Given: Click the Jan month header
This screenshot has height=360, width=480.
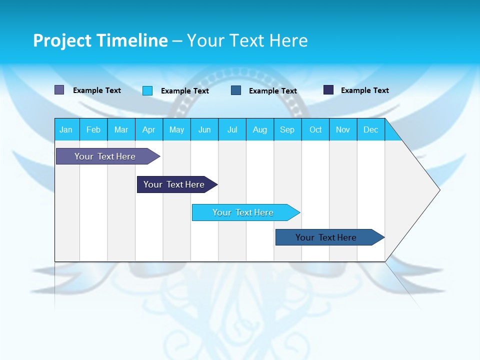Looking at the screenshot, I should tap(66, 129).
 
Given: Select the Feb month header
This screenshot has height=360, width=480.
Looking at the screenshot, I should tap(93, 129).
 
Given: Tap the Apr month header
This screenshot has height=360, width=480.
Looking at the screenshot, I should tap(148, 129).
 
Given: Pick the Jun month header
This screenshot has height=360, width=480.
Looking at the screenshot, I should tap(204, 129).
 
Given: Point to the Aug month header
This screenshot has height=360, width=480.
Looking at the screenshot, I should tap(259, 129).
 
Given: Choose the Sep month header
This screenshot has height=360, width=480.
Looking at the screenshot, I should tap(287, 129).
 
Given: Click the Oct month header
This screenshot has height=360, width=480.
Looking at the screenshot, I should tap(315, 129).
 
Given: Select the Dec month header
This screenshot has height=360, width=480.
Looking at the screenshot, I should tap(370, 129).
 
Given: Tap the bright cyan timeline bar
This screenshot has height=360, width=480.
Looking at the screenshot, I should tap(244, 212).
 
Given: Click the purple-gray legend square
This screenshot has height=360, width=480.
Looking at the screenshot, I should tap(59, 90).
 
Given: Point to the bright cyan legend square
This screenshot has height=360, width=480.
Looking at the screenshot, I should tap(147, 90).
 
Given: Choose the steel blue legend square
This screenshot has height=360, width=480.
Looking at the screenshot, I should tap(236, 90).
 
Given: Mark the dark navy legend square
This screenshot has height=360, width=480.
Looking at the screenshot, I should tap(328, 90).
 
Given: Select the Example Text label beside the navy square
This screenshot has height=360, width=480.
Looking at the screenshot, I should tap(364, 90).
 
